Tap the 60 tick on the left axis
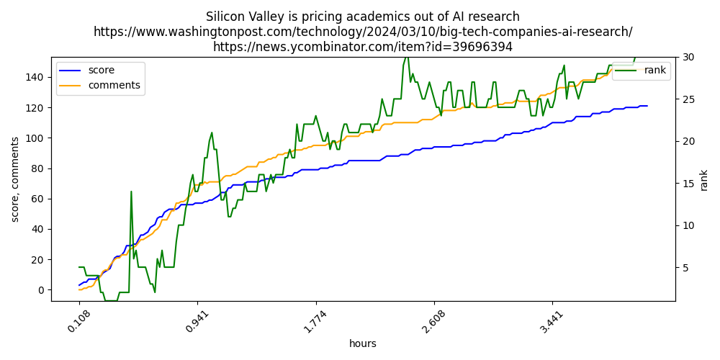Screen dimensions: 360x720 click(x=40, y=199)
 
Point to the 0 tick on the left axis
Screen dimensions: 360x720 click(x=42, y=290)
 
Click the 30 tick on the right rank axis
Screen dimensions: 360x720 click(x=688, y=58)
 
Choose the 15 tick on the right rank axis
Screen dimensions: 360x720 click(x=688, y=184)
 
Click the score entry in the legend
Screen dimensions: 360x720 click(x=101, y=71)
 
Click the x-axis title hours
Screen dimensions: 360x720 click(x=363, y=344)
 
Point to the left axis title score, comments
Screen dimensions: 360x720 click(x=14, y=179)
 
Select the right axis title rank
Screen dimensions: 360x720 click(x=704, y=180)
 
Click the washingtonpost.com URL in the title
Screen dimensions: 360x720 click(x=363, y=32)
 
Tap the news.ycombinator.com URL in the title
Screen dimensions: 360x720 click(x=363, y=47)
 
